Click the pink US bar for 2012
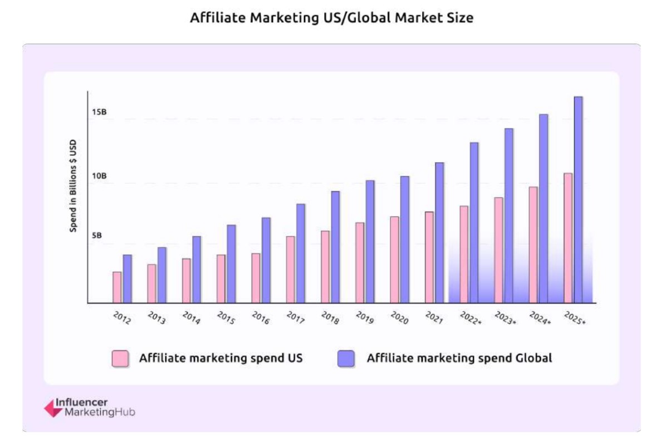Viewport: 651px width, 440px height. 117,287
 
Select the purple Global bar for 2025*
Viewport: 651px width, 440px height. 578,200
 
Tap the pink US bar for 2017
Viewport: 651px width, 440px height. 290,269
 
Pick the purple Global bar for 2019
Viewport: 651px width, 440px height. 370,241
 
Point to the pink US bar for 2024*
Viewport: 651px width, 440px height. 533,245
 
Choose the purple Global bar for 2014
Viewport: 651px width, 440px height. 197,269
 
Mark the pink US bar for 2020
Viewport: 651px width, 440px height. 394,259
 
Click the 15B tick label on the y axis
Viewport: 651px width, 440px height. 99,112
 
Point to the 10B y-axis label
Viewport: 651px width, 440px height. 99,176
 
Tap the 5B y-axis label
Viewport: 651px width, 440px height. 97,235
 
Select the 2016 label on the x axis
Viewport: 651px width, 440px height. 261,318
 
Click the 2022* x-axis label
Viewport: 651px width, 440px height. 470,318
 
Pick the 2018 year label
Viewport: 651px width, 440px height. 330,318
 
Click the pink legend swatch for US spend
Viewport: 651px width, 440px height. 120,358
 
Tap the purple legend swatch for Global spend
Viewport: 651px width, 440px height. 346,358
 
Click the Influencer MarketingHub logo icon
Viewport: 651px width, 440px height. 53,408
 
